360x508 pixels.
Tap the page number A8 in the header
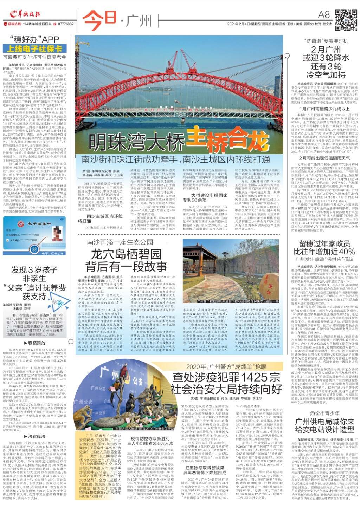pyautogui.click(x=323, y=15)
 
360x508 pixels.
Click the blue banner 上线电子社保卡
pyautogui.click(x=34, y=49)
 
